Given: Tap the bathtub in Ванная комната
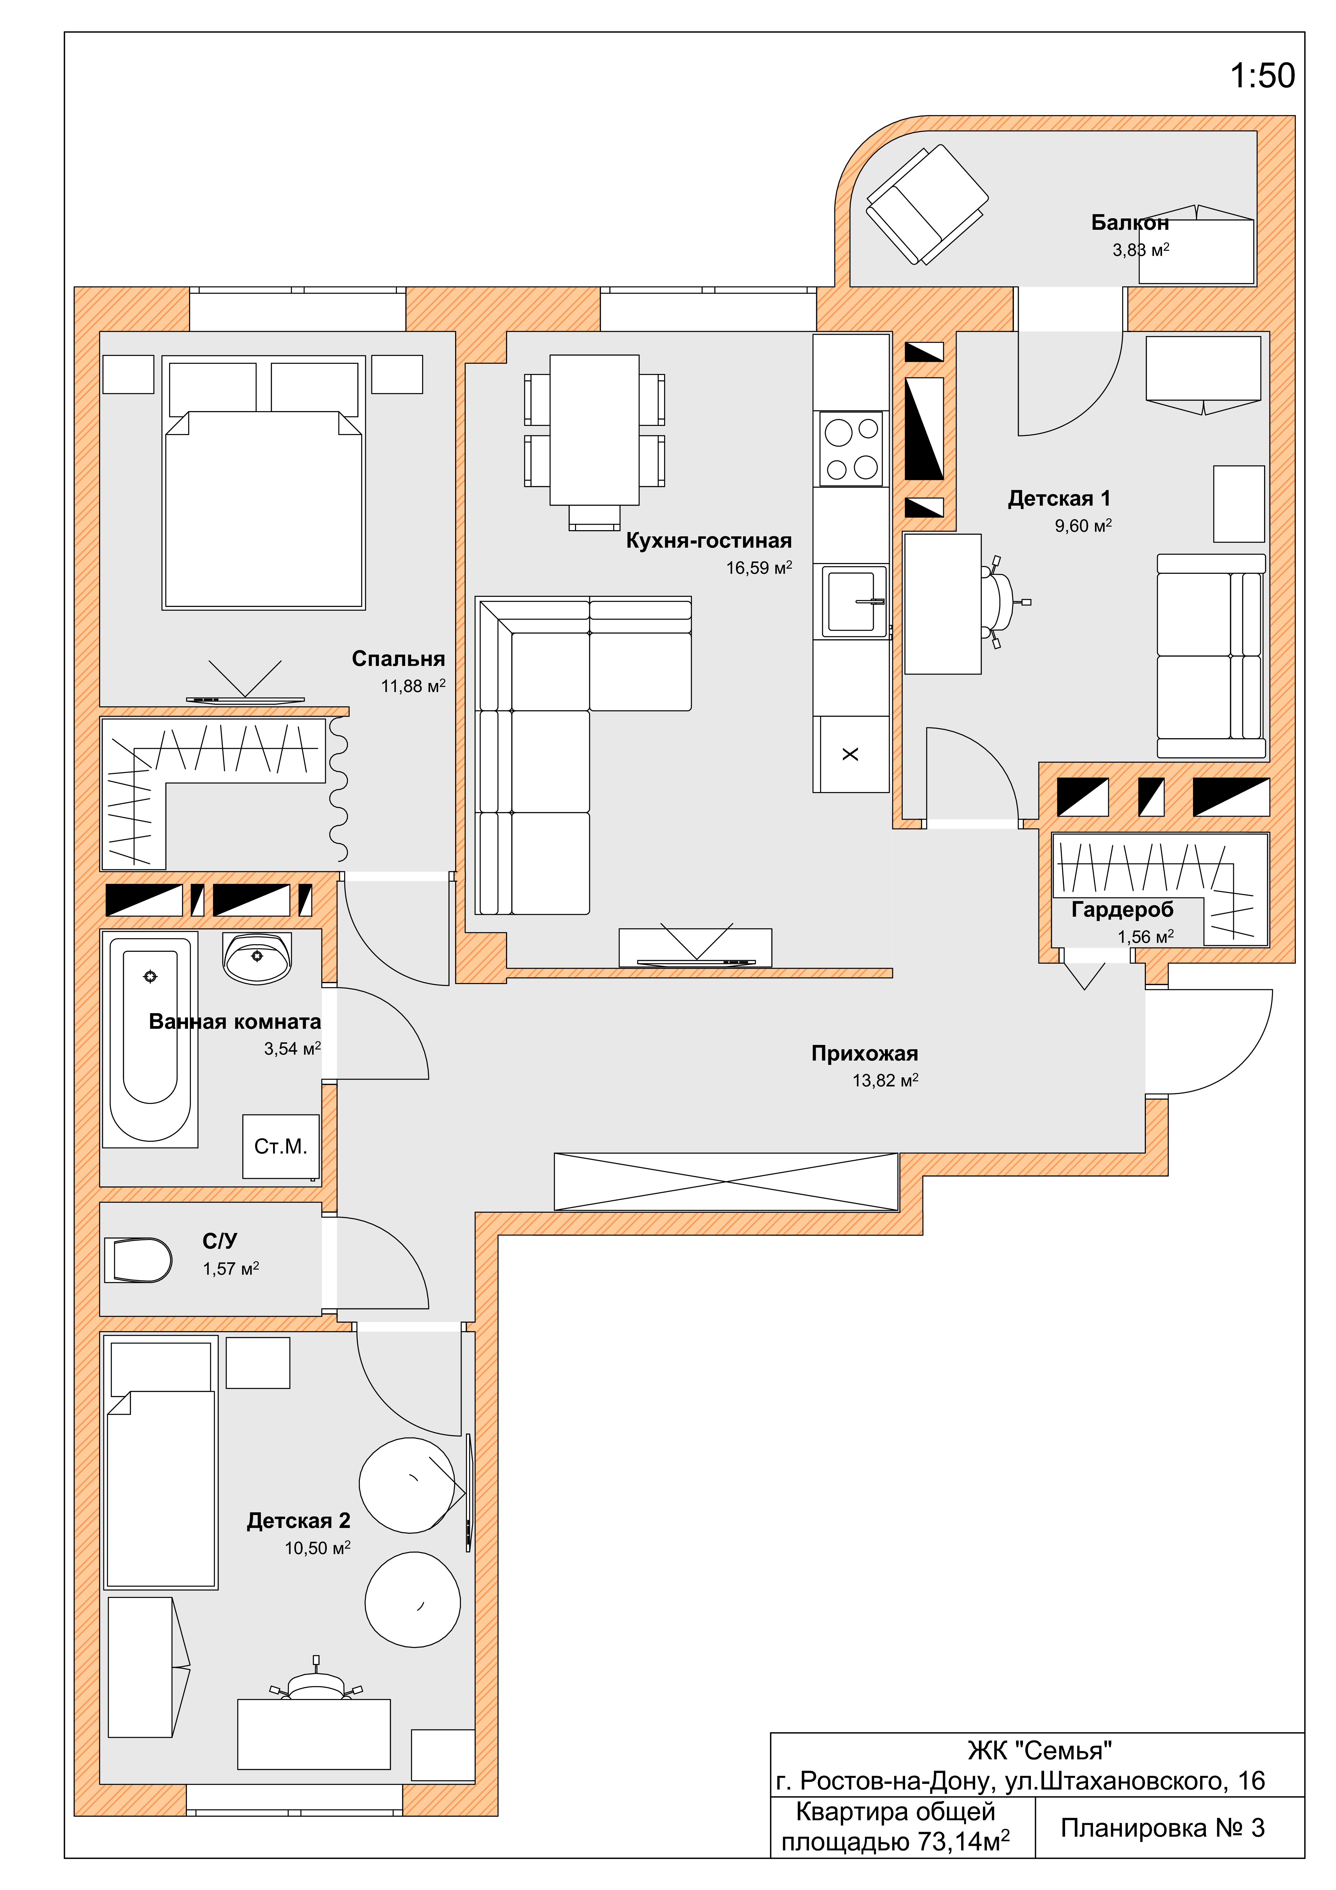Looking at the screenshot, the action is [150, 1039].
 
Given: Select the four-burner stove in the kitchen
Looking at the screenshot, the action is [851, 449].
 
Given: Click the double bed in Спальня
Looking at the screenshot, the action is [263, 482].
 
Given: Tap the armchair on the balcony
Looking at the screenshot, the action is [927, 205].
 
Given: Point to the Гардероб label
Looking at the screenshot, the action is [1122, 910].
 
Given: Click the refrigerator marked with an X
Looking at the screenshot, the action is [851, 754].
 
